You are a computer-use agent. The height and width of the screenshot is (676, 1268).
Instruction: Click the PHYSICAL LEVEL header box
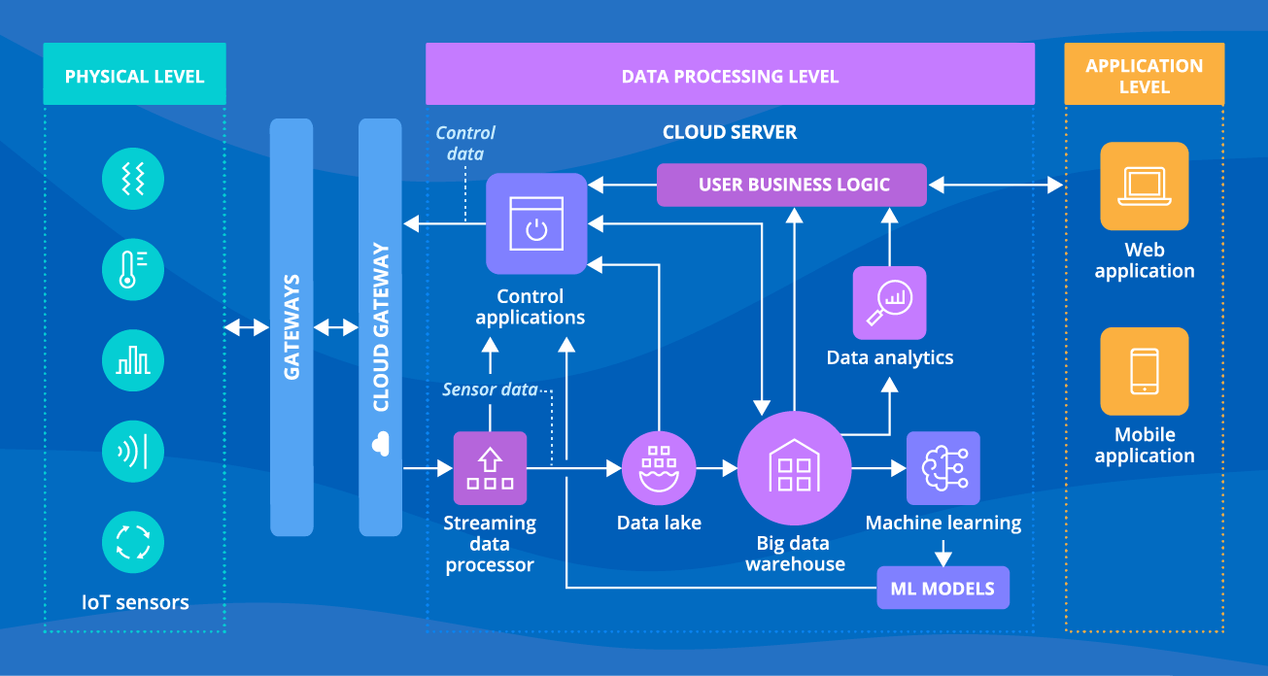(134, 75)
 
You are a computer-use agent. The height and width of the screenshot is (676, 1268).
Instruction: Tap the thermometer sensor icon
(133, 269)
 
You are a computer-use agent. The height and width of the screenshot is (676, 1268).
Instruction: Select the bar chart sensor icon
(133, 360)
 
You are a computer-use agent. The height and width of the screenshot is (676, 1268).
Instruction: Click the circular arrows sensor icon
(133, 543)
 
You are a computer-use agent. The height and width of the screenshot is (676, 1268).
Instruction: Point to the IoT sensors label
(135, 603)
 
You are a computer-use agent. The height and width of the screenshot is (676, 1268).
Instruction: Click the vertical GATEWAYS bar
(291, 326)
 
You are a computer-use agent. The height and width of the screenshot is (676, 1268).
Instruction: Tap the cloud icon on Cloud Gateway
(380, 444)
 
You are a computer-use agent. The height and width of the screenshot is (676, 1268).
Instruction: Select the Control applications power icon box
(536, 223)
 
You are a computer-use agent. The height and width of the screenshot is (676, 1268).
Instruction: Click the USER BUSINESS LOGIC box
(793, 185)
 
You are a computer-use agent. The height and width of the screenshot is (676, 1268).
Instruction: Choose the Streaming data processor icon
(490, 468)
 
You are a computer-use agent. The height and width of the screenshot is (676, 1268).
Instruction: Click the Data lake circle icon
(659, 468)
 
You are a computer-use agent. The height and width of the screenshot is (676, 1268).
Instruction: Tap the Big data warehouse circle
(794, 468)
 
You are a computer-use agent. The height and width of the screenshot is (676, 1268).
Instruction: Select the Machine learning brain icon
(942, 468)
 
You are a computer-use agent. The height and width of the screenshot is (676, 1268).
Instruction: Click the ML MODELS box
(942, 589)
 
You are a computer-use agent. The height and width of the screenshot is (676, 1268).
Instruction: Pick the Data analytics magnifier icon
(889, 302)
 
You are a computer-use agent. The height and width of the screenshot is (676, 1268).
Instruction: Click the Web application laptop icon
(1144, 186)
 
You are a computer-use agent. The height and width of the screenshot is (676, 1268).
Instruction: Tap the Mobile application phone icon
(1144, 371)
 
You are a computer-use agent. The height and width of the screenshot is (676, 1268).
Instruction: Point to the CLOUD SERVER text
(729, 132)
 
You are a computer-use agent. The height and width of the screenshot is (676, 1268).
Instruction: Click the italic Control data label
(464, 143)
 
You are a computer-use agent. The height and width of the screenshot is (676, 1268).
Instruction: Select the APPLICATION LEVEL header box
(1144, 75)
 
